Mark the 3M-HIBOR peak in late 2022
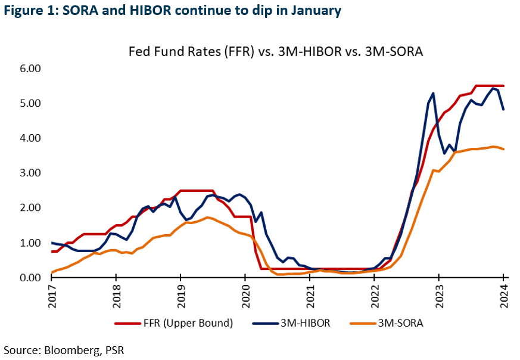433,93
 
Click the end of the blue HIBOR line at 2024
503,109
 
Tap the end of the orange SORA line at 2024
503,149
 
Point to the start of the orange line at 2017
52,272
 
